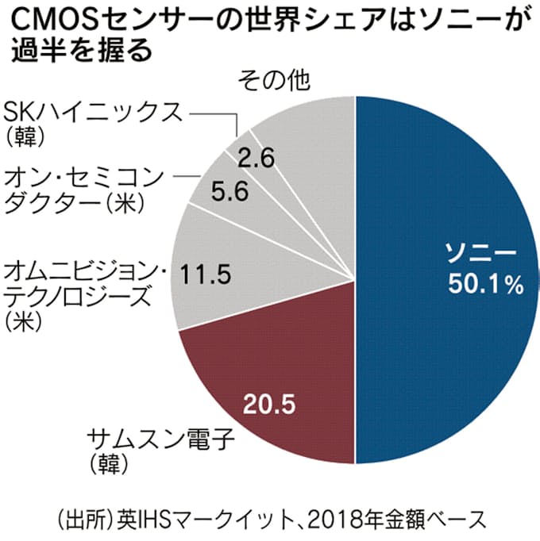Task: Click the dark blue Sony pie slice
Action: (x=445, y=333)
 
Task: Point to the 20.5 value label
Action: (x=271, y=405)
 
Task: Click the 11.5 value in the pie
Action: (x=204, y=275)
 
